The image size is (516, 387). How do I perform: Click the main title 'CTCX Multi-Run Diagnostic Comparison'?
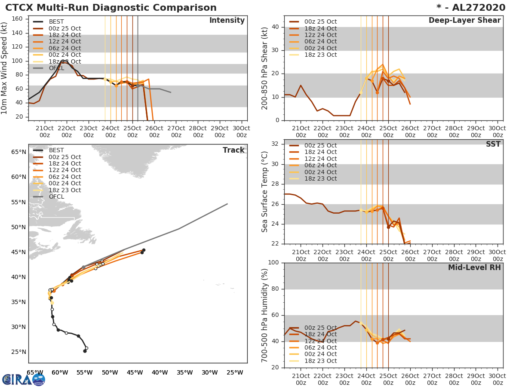111,8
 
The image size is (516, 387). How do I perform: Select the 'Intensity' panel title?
227,21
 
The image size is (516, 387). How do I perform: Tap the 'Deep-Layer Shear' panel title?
464,21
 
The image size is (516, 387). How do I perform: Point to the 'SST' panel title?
493,144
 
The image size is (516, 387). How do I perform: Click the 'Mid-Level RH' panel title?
474,267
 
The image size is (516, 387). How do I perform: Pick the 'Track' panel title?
233,150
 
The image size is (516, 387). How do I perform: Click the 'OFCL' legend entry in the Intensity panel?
56,68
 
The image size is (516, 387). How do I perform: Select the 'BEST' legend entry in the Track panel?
56,150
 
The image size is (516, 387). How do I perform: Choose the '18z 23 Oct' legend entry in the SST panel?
320,178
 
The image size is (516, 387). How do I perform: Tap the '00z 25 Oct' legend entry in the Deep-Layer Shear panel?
320,21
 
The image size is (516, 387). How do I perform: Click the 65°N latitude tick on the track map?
18,152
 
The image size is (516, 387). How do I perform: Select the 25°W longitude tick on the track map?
234,372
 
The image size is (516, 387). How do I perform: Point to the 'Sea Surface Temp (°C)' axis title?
265,192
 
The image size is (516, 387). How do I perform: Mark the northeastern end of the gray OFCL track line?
227,204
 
